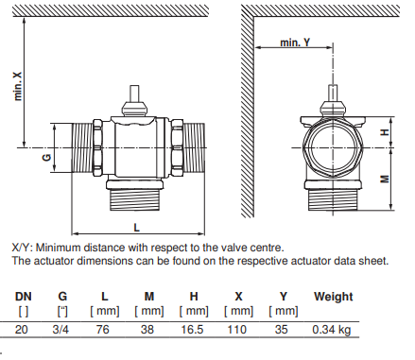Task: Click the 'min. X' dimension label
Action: [x=18, y=86]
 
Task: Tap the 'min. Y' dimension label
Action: [x=295, y=43]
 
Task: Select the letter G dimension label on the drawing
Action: [x=46, y=157]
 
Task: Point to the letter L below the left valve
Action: [x=136, y=228]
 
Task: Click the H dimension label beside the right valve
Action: [x=385, y=132]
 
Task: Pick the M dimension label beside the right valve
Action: [x=385, y=180]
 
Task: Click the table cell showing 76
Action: [x=102, y=330]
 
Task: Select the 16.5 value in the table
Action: [x=192, y=330]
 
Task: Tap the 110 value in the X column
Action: [x=236, y=330]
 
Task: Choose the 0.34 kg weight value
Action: [x=331, y=330]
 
